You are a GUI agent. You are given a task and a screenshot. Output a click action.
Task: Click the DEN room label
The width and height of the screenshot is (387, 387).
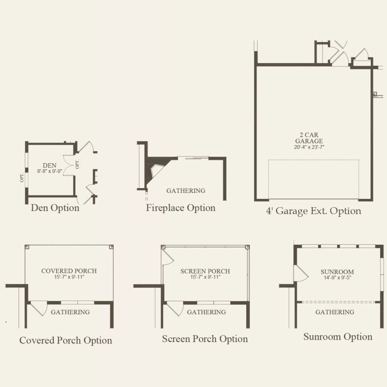pyautogui.click(x=50, y=165)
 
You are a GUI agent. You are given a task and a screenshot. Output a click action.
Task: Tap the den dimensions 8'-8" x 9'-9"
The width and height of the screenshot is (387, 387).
pyautogui.click(x=50, y=171)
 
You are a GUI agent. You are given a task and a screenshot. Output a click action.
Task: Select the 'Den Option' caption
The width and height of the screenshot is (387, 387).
pyautogui.click(x=55, y=208)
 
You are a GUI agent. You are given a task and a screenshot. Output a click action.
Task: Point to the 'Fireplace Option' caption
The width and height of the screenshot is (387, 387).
pyautogui.click(x=181, y=208)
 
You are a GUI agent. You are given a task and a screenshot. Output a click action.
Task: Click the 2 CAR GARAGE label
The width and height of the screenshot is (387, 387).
pyautogui.click(x=309, y=138)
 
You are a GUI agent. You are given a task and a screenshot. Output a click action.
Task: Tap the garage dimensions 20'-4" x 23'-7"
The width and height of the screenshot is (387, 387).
pyautogui.click(x=309, y=147)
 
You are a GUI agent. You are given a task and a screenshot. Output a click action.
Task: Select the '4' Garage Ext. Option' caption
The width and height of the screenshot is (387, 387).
pyautogui.click(x=314, y=211)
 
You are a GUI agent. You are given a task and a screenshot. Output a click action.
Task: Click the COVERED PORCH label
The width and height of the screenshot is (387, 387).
pyautogui.click(x=69, y=271)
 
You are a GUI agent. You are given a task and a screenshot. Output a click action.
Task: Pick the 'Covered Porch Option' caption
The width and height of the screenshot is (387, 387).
pyautogui.click(x=66, y=340)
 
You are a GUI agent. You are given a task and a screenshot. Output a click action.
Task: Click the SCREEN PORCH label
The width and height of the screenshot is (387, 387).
pyautogui.click(x=205, y=271)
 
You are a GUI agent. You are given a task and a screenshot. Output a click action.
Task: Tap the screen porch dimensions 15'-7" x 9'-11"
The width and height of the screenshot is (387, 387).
pyautogui.click(x=205, y=277)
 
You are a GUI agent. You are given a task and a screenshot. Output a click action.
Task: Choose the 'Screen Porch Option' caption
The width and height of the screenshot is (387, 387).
pyautogui.click(x=205, y=339)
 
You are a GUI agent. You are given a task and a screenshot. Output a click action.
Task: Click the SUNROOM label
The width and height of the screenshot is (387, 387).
pyautogui.click(x=337, y=272)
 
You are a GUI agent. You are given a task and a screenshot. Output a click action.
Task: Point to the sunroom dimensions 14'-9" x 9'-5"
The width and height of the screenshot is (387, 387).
pyautogui.click(x=337, y=278)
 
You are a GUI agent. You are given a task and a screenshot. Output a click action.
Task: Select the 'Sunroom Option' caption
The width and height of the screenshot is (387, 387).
pyautogui.click(x=338, y=337)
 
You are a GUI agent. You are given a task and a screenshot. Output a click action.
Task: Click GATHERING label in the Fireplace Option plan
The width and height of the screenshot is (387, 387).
pyautogui.click(x=186, y=190)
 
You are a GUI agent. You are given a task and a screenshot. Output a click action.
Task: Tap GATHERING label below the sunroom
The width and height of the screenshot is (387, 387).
pyautogui.click(x=335, y=312)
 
